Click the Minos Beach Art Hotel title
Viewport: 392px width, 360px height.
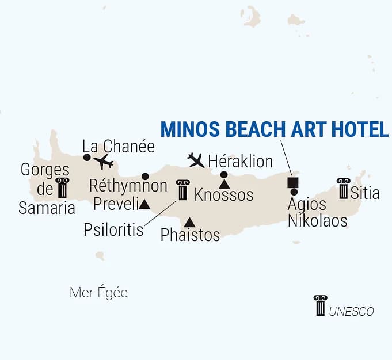point(275,129)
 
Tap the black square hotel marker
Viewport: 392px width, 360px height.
point(292,183)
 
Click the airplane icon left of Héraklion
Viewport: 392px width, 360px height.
point(196,160)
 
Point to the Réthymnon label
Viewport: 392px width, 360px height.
point(128,186)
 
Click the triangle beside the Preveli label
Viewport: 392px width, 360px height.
point(144,204)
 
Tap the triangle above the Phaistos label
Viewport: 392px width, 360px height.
point(189,223)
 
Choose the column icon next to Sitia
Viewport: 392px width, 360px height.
point(344,189)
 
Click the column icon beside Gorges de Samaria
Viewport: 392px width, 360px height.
point(62,187)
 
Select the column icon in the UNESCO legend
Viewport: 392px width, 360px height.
point(320,305)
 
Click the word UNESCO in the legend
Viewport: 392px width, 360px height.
point(352,312)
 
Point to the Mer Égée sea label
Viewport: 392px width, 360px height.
point(98,293)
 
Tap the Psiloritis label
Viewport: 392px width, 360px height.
point(113,230)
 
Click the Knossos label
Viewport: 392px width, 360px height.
point(224,195)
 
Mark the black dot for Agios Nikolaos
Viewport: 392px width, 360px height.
point(294,192)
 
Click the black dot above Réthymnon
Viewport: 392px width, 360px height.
point(145,176)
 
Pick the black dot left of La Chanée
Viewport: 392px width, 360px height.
point(86,157)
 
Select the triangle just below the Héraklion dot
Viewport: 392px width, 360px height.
point(224,184)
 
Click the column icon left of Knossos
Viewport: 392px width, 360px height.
point(183,190)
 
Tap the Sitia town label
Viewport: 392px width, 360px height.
point(365,193)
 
